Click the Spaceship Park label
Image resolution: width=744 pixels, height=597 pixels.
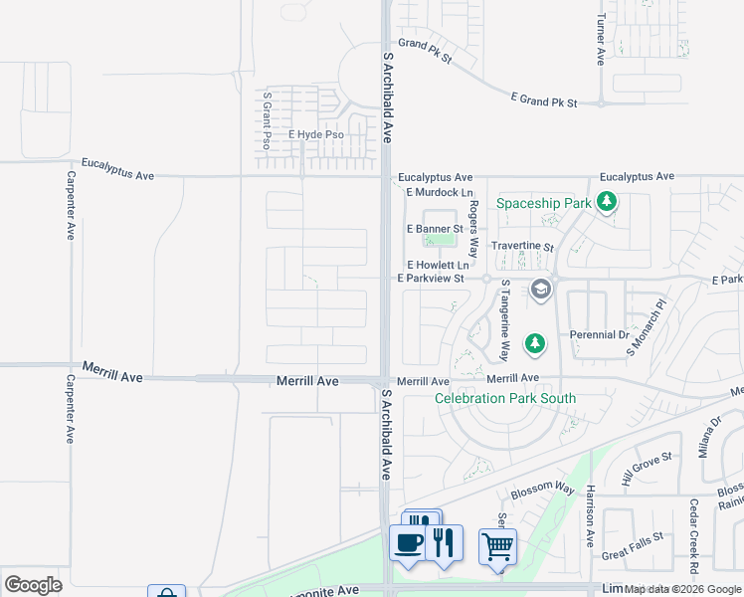544,203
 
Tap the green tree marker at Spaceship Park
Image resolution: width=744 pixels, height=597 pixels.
607,203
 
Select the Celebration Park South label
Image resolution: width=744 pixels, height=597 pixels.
505,399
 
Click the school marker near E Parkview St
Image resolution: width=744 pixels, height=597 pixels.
541,290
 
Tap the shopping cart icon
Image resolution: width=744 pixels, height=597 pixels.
497,545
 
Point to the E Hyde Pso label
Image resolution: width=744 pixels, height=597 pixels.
315,134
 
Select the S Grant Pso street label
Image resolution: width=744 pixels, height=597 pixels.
267,120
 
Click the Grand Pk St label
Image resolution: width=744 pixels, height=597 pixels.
425,51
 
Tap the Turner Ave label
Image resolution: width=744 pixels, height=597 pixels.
601,41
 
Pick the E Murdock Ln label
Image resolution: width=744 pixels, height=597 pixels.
439,192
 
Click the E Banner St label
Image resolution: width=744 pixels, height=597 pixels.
435,229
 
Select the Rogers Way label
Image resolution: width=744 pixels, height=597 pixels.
474,228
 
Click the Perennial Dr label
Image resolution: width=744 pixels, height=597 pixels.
600,335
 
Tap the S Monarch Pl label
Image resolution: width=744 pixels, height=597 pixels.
644,327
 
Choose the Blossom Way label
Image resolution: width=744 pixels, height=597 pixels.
543,490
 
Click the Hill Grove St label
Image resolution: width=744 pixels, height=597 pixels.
648,468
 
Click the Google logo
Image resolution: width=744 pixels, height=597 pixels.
33,585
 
